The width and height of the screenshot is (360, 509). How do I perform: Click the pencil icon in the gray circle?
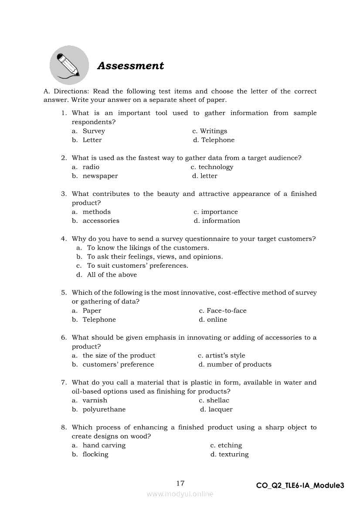pos(69,65)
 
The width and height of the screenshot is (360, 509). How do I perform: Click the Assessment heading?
pos(130,66)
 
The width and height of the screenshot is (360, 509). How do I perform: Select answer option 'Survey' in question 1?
pos(94,131)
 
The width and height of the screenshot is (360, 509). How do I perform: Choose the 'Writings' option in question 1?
pos(213,131)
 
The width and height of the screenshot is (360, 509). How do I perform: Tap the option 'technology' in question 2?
pos(216,167)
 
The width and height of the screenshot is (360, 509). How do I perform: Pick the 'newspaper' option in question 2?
pos(100,176)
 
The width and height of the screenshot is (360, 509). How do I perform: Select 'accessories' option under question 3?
pos(101,221)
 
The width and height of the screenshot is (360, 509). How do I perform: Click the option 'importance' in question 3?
pos(219,212)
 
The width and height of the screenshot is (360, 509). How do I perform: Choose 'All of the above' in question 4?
pos(112,275)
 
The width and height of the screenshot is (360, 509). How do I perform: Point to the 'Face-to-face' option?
pos(226,311)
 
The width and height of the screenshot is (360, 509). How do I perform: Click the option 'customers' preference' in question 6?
pos(118,364)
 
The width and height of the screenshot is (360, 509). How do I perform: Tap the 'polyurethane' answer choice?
pos(104,409)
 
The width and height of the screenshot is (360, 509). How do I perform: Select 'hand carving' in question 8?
pos(104,445)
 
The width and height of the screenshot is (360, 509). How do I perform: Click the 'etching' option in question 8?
pos(230,445)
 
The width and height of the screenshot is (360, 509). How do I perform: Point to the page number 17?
pos(180,483)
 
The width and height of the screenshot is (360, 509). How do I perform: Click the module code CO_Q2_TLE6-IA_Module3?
pos(300,485)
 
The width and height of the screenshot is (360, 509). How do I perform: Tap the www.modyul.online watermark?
pos(180,494)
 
